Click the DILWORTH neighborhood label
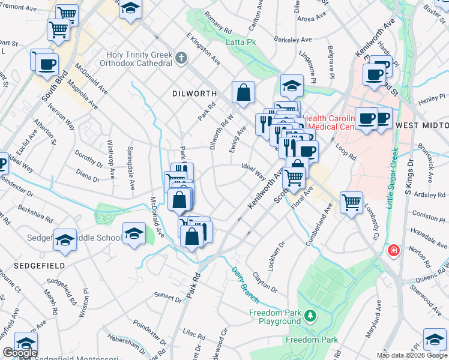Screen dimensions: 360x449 [194, 94]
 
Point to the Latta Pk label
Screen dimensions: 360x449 [241, 42]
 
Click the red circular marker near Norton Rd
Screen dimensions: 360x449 [394, 250]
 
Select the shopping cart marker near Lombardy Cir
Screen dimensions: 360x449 [351, 202]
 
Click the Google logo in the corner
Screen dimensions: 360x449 [19, 353]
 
